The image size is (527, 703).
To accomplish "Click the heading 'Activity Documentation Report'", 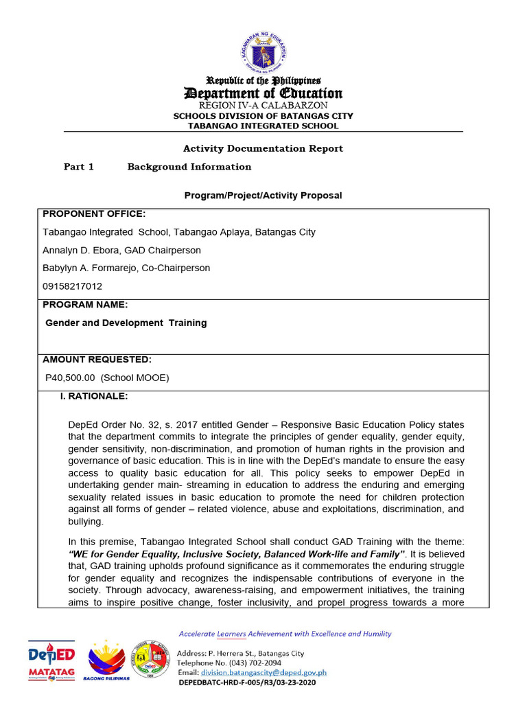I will pos(263,148).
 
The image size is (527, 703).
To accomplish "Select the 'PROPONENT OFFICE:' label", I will pos(94,214).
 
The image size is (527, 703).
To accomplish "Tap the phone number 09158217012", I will pos(71,286).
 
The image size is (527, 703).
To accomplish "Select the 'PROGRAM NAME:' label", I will pos(85,305).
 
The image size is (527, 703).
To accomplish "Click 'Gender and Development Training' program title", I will pos(126,323).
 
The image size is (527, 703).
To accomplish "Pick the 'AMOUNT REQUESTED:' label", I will pos(97,359).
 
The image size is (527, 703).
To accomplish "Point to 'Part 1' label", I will pos(78,167).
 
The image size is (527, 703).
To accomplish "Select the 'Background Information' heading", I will pos(189,167).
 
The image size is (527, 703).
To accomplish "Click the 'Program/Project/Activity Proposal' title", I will pos(263,196).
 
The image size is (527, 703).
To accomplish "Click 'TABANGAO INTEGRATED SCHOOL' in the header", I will pos(263,126).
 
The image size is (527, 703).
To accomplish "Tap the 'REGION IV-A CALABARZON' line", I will pos(263,106).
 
